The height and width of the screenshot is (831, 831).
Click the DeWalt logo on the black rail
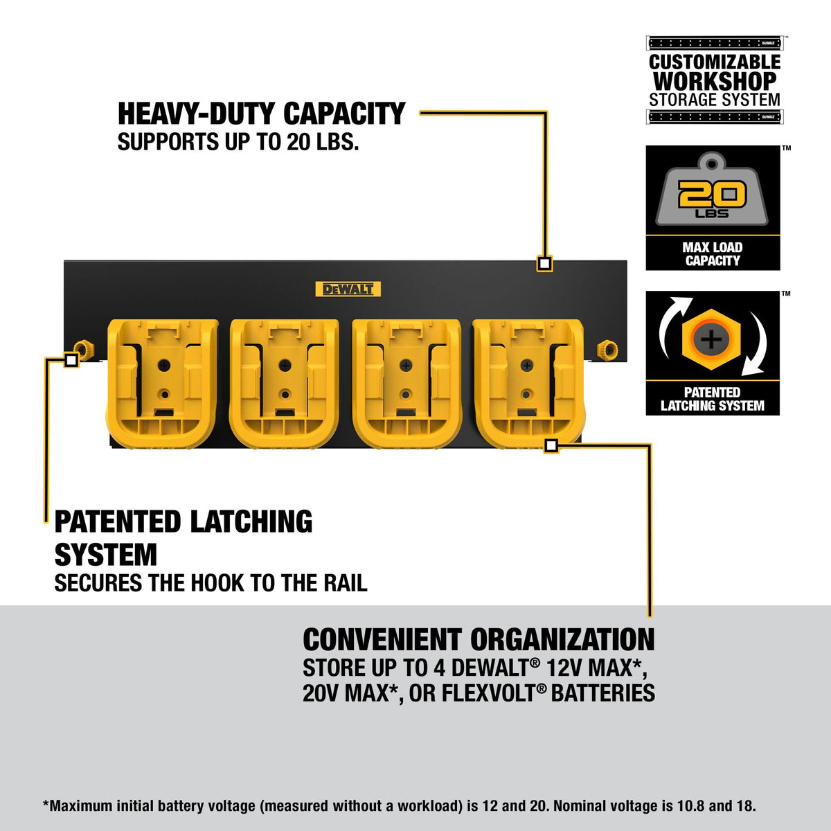pyautogui.click(x=348, y=289)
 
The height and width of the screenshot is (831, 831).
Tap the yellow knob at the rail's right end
pyautogui.click(x=607, y=349)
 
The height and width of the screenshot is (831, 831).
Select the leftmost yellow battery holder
pyautogui.click(x=162, y=384)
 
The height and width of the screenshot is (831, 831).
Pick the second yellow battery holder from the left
pyautogui.click(x=285, y=384)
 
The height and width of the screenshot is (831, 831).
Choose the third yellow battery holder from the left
pyautogui.click(x=406, y=384)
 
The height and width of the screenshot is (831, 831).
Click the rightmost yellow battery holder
pyautogui.click(x=528, y=384)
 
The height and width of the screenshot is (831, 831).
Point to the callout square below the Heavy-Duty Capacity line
pyautogui.click(x=545, y=263)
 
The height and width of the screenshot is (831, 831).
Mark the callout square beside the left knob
pyautogui.click(x=71, y=359)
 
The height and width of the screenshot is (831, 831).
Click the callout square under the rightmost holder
pyautogui.click(x=551, y=445)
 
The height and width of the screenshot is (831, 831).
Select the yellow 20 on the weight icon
pyautogui.click(x=712, y=195)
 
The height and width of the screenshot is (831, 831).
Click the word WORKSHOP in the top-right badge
pyautogui.click(x=715, y=80)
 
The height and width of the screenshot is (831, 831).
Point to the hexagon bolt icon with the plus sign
pyautogui.click(x=712, y=339)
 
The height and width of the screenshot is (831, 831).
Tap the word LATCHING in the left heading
pyautogui.click(x=251, y=522)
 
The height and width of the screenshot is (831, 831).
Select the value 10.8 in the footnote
pyautogui.click(x=688, y=805)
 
